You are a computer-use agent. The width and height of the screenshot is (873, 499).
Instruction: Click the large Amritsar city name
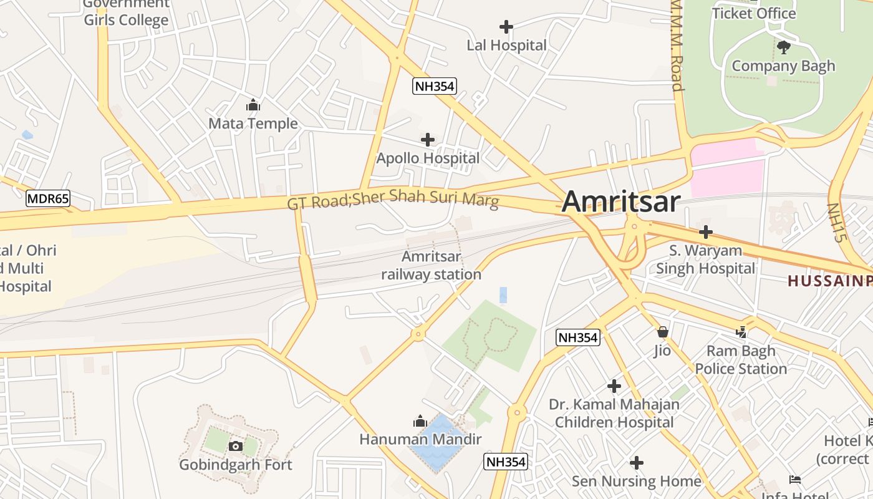[620, 202]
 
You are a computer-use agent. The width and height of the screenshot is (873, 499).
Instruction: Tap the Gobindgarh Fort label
[236, 465]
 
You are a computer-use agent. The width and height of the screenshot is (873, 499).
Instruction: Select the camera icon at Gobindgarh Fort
[236, 446]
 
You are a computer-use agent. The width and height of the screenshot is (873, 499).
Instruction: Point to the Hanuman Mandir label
[420, 439]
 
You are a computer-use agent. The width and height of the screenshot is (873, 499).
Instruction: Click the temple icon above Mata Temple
[253, 105]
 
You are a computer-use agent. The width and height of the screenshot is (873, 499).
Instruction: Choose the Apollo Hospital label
[428, 158]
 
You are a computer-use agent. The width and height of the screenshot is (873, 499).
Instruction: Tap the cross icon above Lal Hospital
[506, 27]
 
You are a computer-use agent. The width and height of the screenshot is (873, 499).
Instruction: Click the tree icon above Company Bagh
[783, 47]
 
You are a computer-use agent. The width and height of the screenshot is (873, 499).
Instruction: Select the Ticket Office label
[754, 13]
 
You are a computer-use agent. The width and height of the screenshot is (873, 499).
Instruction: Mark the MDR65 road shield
[48, 199]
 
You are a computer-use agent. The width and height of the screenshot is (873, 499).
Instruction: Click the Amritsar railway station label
[432, 265]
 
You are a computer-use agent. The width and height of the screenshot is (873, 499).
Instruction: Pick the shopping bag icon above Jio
[662, 332]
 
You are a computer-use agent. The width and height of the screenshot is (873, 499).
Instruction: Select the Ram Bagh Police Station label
[741, 360]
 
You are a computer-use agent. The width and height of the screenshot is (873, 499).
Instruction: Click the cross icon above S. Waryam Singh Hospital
[705, 232]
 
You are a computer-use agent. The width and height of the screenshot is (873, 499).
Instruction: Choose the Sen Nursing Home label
[637, 481]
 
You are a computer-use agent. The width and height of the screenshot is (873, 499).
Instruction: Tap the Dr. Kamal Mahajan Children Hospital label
[614, 413]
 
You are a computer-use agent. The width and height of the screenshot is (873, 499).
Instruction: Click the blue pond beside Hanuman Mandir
[440, 446]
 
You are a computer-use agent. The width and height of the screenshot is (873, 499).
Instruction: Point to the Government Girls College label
[126, 12]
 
